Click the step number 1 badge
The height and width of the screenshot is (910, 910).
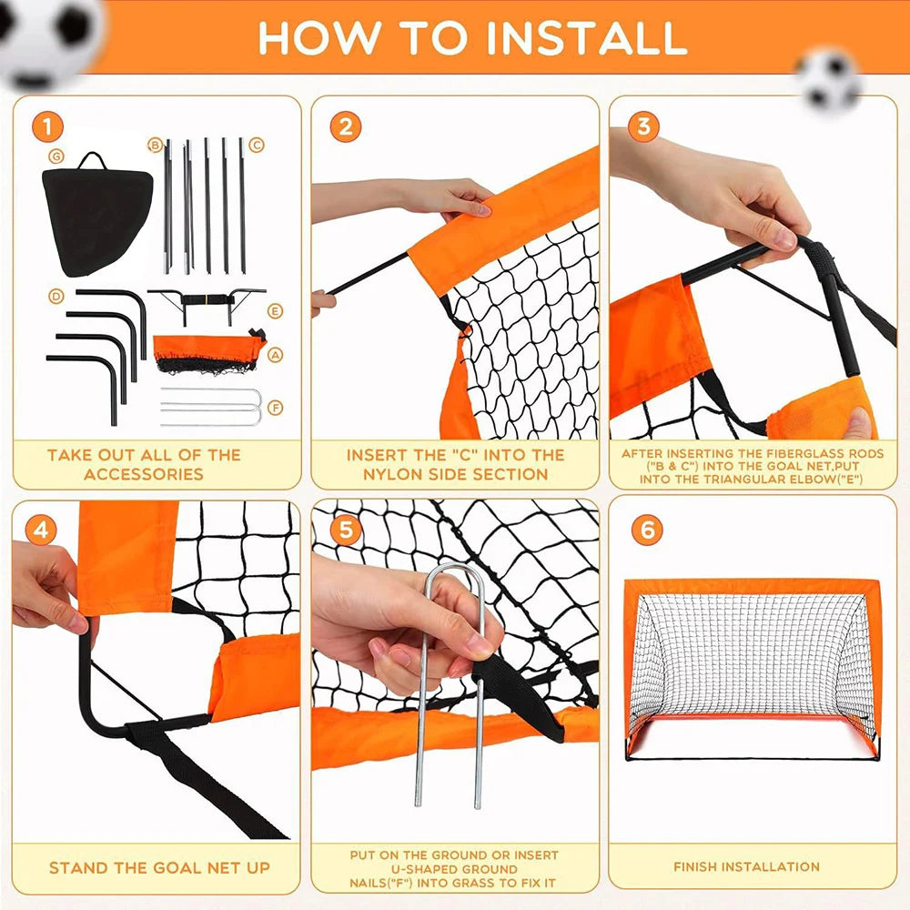46,126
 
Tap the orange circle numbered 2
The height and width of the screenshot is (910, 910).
345,126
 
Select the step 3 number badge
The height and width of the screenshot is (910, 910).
643,126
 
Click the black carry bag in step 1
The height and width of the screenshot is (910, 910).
95,214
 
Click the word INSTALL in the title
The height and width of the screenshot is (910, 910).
588,37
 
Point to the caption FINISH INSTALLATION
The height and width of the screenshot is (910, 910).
746,866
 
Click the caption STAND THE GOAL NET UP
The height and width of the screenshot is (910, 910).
159,868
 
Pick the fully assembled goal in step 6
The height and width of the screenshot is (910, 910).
752,669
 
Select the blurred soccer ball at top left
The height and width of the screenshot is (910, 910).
50,36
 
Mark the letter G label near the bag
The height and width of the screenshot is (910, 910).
57,155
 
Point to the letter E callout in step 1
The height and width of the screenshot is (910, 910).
276,311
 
